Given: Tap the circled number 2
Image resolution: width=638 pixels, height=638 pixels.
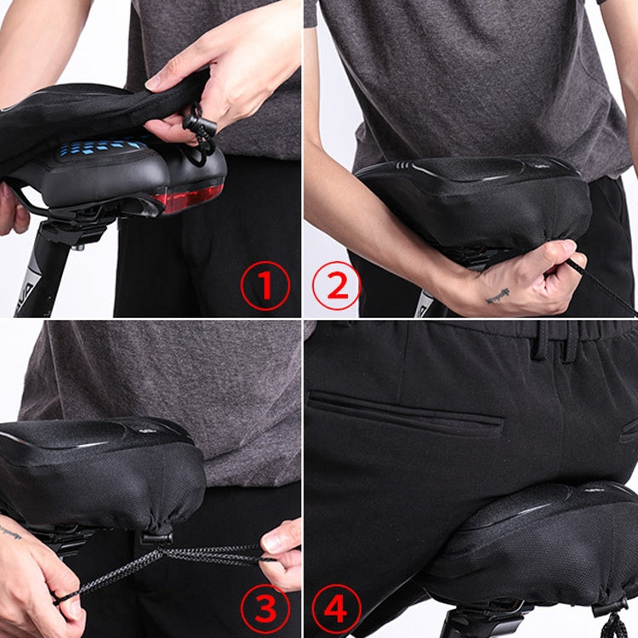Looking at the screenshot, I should (337, 286).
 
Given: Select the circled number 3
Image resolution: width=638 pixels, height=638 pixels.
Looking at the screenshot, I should (265, 608).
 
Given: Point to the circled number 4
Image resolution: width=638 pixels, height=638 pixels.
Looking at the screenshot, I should (337, 608).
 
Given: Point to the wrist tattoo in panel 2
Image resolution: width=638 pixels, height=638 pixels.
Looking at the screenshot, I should (498, 295).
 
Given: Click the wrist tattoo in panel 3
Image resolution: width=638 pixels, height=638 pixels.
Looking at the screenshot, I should (10, 533).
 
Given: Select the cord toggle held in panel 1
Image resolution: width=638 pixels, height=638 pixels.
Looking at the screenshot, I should (199, 128).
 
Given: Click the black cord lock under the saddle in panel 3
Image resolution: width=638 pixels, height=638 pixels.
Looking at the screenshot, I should (157, 537).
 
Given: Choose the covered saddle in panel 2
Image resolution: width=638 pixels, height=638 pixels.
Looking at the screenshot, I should (476, 200).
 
